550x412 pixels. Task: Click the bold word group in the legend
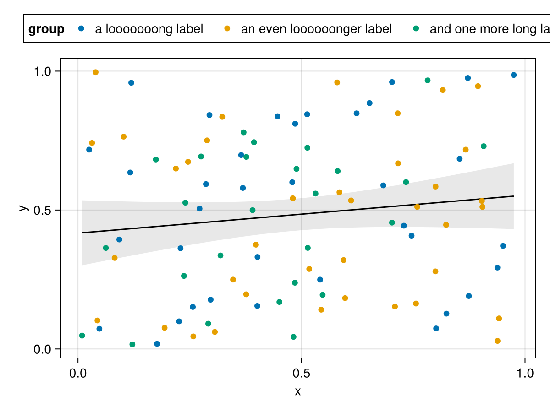coord(46,29)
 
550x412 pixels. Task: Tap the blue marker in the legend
coord(82,29)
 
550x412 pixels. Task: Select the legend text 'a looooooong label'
coord(149,29)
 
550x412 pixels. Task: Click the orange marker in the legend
coord(227,29)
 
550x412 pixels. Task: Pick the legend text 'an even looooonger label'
coord(316,29)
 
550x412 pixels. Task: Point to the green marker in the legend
coord(416,29)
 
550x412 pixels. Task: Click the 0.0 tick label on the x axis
coord(78,373)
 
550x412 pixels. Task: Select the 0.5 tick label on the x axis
coord(301,373)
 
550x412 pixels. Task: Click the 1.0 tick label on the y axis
coord(44,71)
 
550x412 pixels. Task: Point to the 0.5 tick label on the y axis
coord(44,210)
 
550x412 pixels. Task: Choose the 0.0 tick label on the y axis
coord(44,349)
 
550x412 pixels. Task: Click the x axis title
coord(298,392)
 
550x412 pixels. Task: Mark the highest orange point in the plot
coord(95,72)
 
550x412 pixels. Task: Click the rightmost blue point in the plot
coord(514,75)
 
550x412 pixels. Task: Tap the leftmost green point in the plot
coord(82,336)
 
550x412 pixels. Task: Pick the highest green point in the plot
coord(428,81)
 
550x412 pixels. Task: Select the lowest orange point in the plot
coord(497,341)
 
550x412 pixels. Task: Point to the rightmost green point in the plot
coord(484,146)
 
